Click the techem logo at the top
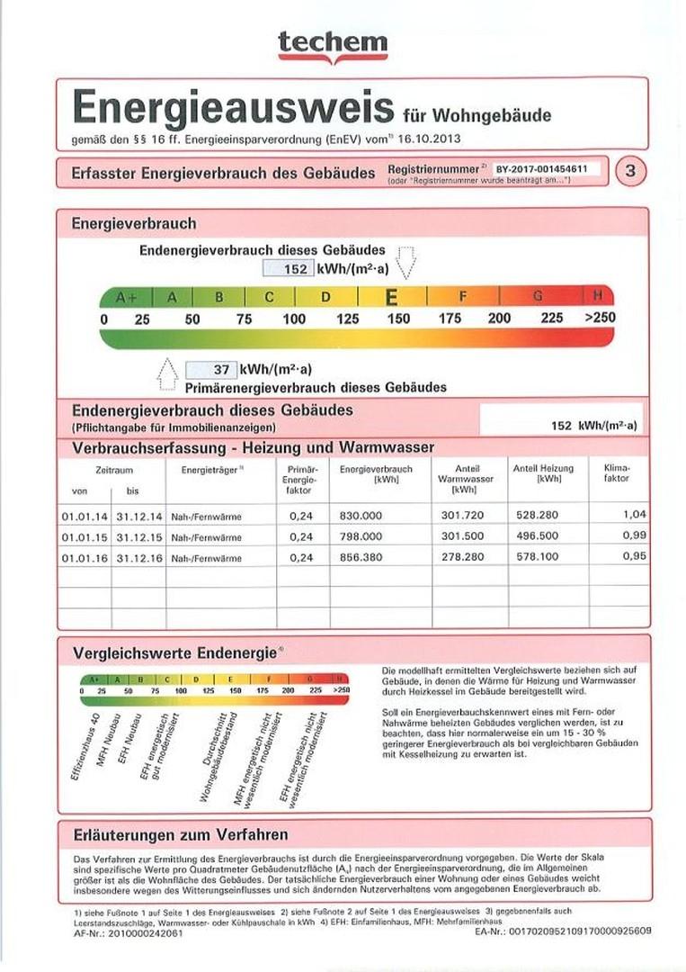[333, 45]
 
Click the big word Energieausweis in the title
[232, 107]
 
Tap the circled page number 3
[629, 171]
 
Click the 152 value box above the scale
[289, 268]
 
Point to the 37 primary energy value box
[211, 369]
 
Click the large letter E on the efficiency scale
[392, 297]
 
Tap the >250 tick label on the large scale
[600, 319]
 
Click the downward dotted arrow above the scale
[406, 262]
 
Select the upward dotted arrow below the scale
[167, 373]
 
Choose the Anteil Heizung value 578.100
[537, 559]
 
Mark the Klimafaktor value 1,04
[635, 516]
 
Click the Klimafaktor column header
[618, 473]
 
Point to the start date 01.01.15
[85, 537]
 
